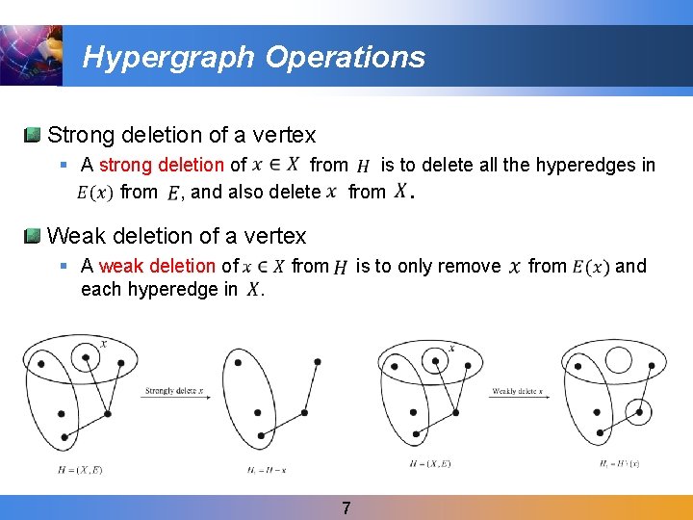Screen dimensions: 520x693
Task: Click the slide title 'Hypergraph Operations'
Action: pos(253,57)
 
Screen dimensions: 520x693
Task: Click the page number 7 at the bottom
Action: pos(346,507)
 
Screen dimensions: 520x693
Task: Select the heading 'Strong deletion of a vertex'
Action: pos(181,135)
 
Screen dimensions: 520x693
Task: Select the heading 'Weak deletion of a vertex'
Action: pos(176,235)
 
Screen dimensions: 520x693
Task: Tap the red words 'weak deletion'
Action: pos(157,266)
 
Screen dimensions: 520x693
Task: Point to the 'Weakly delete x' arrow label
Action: pos(518,391)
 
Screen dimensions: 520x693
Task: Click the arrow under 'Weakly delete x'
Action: pos(517,398)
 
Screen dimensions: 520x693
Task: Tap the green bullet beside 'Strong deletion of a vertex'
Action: pos(33,135)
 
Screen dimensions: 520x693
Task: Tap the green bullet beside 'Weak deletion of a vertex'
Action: pos(33,235)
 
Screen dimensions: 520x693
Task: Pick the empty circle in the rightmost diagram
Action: pos(618,360)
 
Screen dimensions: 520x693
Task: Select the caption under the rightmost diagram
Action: pos(616,465)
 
